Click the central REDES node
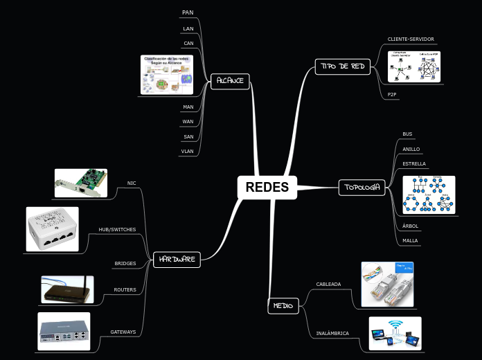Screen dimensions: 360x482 (x=267, y=187)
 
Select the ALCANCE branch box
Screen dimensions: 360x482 (x=230, y=80)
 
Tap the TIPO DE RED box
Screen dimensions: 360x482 (x=343, y=66)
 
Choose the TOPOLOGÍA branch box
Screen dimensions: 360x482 (x=361, y=187)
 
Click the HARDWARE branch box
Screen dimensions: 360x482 (x=176, y=260)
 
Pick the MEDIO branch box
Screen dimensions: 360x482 (x=283, y=305)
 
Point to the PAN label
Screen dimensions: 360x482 (x=188, y=12)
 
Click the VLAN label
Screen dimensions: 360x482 (x=187, y=150)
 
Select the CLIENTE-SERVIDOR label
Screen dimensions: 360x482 (x=411, y=39)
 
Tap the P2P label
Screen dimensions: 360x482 (x=392, y=94)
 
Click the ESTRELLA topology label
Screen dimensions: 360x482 (x=414, y=164)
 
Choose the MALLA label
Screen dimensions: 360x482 (x=410, y=241)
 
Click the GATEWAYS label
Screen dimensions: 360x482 (x=123, y=332)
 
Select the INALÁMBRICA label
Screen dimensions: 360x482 (x=332, y=333)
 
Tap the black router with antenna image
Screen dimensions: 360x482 (x=66, y=289)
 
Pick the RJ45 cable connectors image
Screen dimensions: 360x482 (x=387, y=284)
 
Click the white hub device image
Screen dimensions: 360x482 (x=53, y=229)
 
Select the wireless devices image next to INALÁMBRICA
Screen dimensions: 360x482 (x=395, y=333)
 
